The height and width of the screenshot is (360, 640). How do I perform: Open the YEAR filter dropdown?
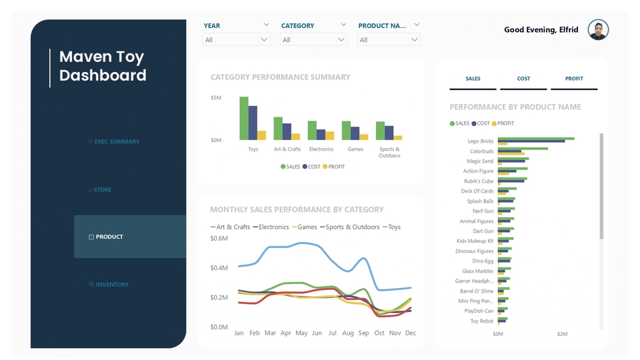236,40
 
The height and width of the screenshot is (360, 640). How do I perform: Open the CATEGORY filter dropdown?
313,40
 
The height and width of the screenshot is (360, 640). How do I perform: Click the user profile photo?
598,30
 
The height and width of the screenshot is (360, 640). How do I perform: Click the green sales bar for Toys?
244,119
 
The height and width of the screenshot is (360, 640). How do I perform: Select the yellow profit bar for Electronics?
330,135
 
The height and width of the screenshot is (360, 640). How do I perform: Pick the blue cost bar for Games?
355,133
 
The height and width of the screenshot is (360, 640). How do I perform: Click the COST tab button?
523,79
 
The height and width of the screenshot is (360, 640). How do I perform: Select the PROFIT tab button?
574,79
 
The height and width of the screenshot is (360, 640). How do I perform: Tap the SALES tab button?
473,79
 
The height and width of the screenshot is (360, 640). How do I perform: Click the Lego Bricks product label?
480,141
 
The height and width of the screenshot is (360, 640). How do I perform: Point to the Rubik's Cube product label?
479,181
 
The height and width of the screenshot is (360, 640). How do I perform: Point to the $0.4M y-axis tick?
219,268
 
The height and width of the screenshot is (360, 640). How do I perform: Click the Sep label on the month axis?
363,333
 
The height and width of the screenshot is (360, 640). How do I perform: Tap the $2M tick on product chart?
562,334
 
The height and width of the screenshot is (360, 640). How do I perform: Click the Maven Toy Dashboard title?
103,66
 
